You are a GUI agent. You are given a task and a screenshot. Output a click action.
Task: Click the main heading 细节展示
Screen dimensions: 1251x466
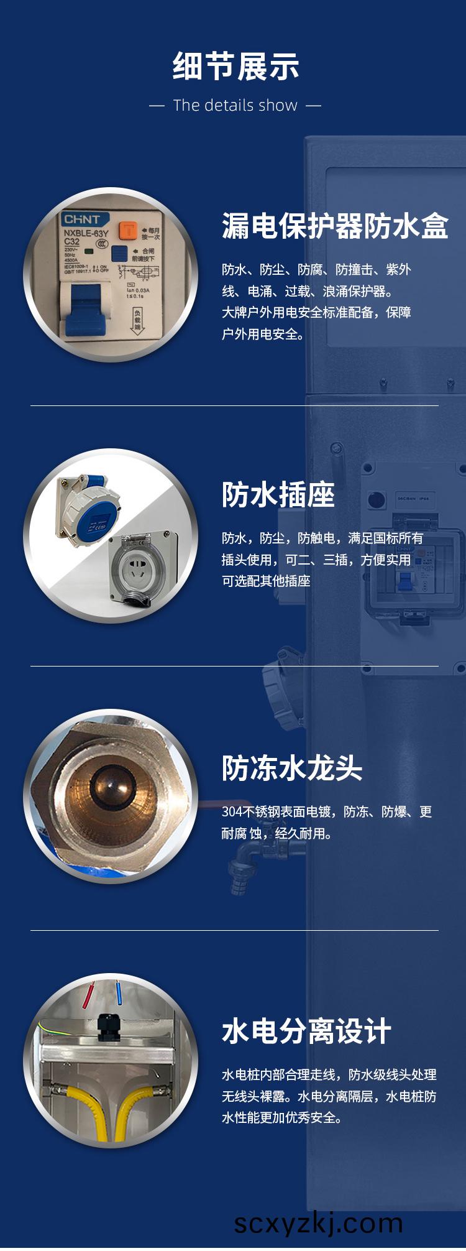tap(235, 67)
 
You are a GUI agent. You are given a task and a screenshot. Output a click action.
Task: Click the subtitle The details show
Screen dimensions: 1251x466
tap(235, 106)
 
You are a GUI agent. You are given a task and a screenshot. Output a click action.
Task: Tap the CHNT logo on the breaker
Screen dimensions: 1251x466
tap(82, 219)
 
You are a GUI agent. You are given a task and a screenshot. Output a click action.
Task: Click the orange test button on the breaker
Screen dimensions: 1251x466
tap(128, 231)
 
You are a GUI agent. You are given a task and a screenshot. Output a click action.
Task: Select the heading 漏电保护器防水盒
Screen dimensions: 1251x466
tap(335, 226)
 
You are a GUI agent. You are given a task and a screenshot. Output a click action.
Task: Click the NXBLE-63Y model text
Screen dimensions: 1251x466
tap(86, 233)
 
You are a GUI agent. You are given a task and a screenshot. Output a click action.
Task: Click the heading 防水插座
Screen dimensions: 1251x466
tap(278, 495)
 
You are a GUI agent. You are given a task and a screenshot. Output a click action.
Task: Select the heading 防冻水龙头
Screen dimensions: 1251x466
tap(292, 769)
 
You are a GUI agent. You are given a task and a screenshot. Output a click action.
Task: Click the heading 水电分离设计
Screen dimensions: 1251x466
tap(306, 1032)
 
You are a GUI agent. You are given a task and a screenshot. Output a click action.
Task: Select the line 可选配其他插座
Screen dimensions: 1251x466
tap(266, 581)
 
